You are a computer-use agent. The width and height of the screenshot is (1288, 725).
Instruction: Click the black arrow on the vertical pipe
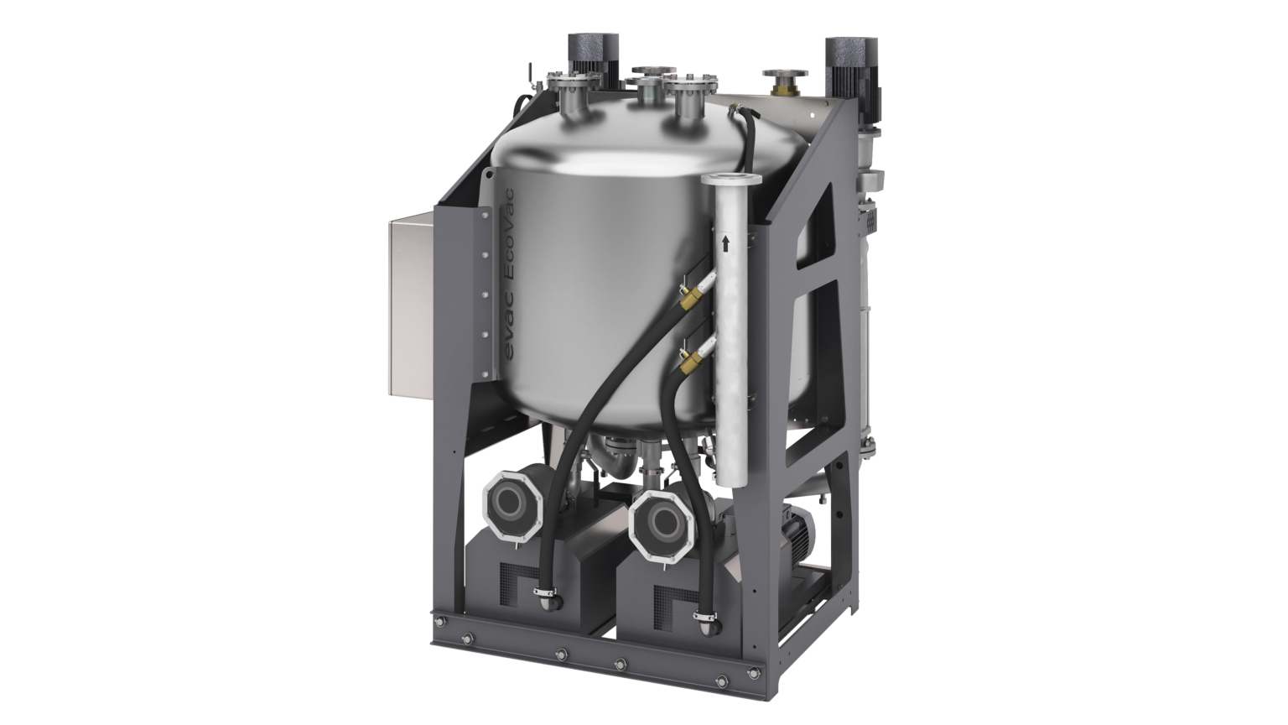click(x=725, y=243)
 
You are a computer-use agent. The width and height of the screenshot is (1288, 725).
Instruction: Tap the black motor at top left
click(x=584, y=60)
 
